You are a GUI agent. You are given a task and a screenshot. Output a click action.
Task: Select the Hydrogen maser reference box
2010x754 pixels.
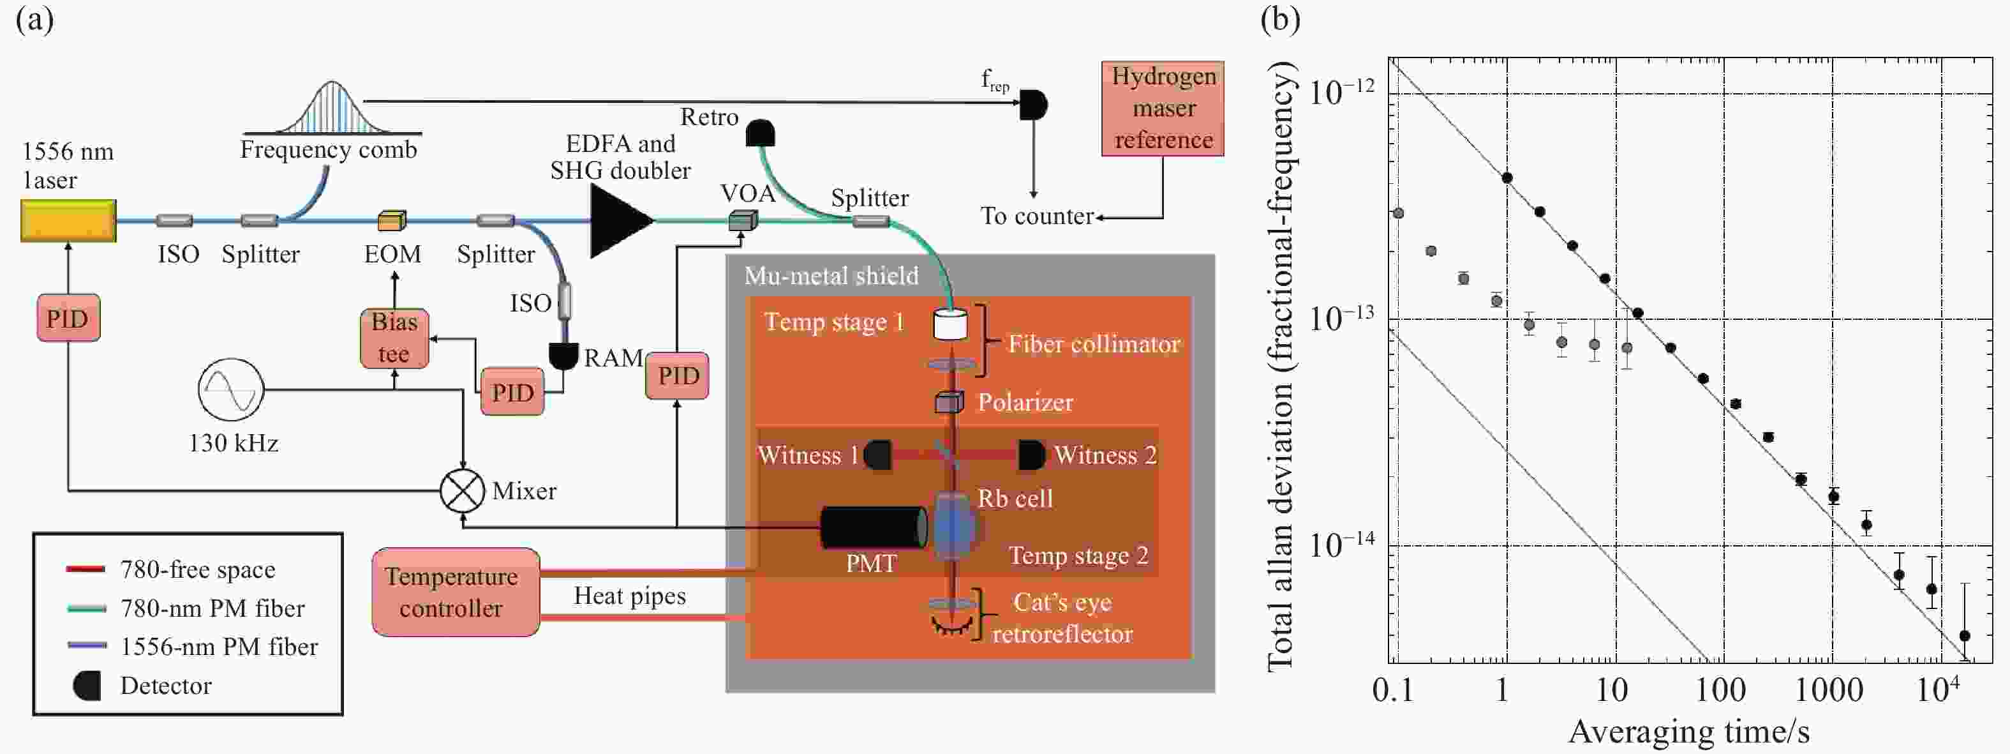pos(1163,109)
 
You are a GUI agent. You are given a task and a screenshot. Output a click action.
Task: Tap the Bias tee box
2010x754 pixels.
pos(394,338)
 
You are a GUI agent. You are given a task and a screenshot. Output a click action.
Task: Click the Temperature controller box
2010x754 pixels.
pos(456,592)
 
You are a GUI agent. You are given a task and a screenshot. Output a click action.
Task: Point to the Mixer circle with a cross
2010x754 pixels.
pos(462,491)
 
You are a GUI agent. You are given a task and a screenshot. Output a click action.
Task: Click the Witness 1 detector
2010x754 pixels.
pos(879,455)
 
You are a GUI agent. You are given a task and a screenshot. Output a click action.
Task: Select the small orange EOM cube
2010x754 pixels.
pos(392,221)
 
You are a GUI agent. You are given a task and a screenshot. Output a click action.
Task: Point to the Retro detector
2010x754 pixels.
pos(760,133)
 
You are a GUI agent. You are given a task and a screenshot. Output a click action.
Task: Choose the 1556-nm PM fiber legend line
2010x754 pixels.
pos(87,646)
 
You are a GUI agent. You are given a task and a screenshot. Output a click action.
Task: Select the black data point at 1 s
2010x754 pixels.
pos(1507,178)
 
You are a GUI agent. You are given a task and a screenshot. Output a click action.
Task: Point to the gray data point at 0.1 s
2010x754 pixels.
pos(1398,213)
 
